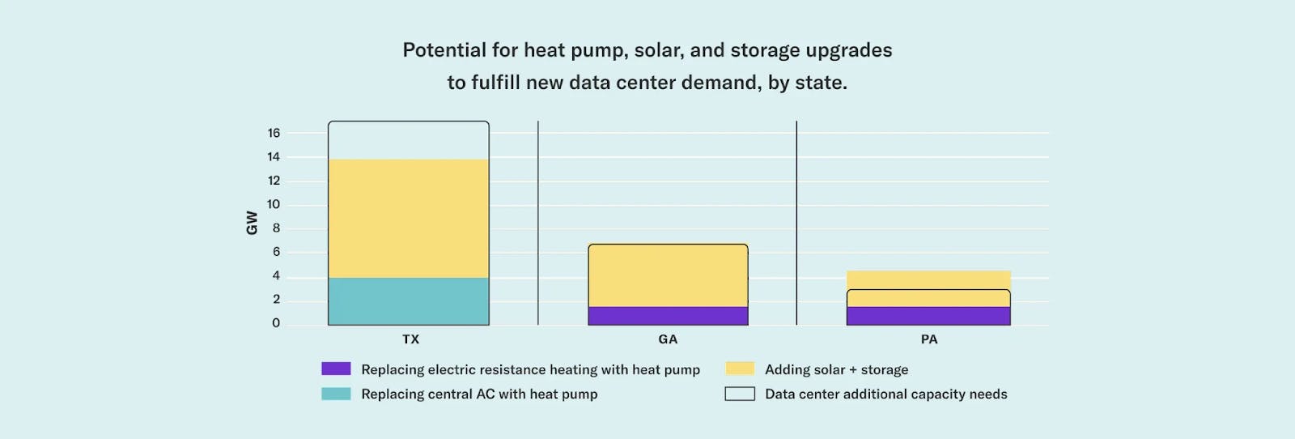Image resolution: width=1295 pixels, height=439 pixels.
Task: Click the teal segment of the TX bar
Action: point(408,301)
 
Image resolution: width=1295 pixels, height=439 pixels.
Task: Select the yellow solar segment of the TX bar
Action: point(408,218)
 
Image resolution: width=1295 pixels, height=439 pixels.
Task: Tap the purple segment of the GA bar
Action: point(668,316)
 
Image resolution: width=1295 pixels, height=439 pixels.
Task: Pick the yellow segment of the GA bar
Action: point(668,275)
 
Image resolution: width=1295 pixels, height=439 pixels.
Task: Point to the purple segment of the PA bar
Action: point(928,316)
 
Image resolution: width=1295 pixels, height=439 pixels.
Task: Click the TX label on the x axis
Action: point(411,339)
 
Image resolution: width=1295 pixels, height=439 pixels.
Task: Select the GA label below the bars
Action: point(668,339)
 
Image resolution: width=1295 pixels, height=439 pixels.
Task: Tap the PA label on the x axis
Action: point(929,339)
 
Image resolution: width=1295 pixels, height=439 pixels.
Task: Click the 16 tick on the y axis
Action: point(274,133)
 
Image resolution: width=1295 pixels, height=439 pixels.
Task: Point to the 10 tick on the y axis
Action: point(274,204)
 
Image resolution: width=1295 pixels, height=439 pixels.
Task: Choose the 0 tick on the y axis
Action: point(276,323)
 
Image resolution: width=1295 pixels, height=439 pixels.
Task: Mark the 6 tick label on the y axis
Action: point(276,252)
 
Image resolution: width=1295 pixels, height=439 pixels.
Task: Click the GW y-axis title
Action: point(252,223)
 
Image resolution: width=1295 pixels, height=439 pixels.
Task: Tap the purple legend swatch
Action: point(336,369)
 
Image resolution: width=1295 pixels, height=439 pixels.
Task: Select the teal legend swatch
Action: point(336,394)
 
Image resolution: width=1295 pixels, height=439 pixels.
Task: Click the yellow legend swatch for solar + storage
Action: point(740,369)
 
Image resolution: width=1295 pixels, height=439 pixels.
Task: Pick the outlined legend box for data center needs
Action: point(740,394)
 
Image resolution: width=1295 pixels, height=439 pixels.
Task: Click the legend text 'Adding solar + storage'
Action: point(836,369)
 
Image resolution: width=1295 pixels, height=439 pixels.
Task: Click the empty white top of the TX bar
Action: point(408,140)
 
